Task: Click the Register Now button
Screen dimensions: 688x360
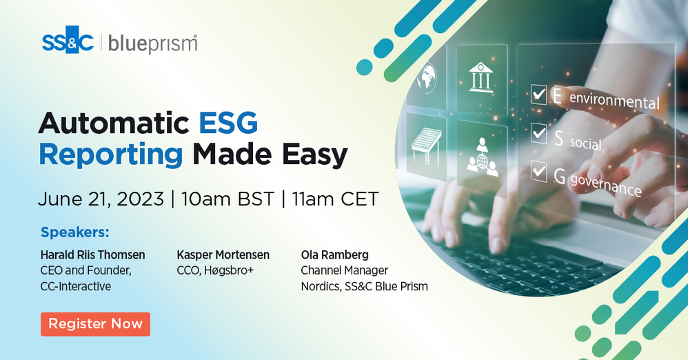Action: click(x=95, y=324)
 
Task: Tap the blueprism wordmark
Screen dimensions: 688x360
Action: click(x=152, y=44)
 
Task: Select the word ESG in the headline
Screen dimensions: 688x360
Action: click(x=228, y=123)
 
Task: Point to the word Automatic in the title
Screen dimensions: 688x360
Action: click(x=114, y=123)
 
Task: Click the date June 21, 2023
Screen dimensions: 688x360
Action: click(x=101, y=199)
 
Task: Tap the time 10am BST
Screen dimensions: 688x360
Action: click(x=227, y=199)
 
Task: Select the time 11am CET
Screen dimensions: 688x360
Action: click(x=335, y=199)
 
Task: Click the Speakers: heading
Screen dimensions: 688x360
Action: click(x=75, y=232)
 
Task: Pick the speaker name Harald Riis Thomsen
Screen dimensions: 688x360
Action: click(x=92, y=254)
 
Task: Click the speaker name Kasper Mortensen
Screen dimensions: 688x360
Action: click(x=223, y=254)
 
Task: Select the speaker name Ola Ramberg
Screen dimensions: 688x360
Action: click(x=335, y=254)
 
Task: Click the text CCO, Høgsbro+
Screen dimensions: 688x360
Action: click(x=215, y=270)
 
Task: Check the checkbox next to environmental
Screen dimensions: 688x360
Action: click(x=539, y=94)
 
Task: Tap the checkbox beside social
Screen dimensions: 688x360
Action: click(x=539, y=132)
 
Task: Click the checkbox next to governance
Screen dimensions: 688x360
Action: click(x=539, y=171)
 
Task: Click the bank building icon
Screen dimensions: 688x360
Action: click(x=480, y=77)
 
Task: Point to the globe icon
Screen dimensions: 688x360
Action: click(x=427, y=78)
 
